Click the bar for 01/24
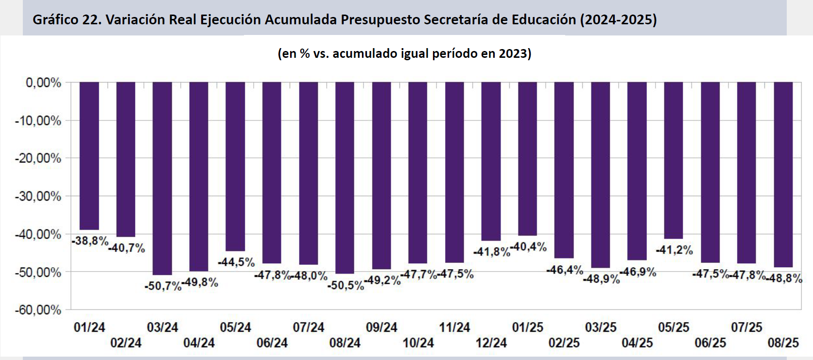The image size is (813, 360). tap(89, 155)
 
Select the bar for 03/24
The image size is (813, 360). tap(162, 178)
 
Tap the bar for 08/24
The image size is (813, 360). tap(345, 177)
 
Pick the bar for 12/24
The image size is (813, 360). tap(491, 161)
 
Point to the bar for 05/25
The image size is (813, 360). tap(674, 160)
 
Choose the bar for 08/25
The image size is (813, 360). tap(783, 174)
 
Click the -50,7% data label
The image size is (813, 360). tap(163, 286)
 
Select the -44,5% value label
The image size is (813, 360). tap(236, 262)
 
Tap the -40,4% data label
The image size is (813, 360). tap(528, 247)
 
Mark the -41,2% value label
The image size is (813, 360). tap(675, 250)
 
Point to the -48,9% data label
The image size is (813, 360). tap(602, 279)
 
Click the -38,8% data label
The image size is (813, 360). tap(90, 241)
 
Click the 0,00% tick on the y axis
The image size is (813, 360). tap(44, 83)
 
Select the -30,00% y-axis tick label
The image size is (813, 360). tap(38, 196)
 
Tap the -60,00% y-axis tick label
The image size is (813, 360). tap(38, 310)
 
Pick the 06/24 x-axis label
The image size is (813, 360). tap(272, 343)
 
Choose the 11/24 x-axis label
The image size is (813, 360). tap(454, 327)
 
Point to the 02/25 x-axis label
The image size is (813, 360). tap(564, 343)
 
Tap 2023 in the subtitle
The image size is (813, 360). tap(513, 53)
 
